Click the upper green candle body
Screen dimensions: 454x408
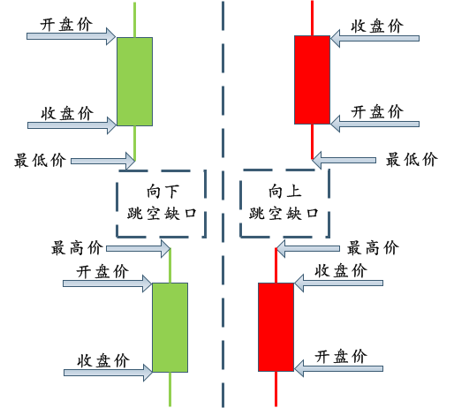click(x=134, y=81)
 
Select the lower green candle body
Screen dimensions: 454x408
click(x=170, y=328)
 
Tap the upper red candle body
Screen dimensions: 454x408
click(x=312, y=79)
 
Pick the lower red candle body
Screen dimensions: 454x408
click(x=276, y=327)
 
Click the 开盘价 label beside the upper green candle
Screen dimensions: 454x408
click(x=66, y=25)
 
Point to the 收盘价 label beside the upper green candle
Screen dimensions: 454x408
click(x=67, y=114)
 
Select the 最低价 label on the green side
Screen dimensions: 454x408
click(x=40, y=160)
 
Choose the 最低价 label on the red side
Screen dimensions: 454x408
click(x=412, y=160)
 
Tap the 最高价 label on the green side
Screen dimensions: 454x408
click(x=77, y=248)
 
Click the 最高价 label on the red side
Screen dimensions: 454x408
click(x=373, y=248)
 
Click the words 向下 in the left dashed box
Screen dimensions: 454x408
click(x=163, y=192)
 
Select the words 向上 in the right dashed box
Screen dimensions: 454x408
click(x=285, y=191)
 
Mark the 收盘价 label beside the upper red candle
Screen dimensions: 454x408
click(x=377, y=26)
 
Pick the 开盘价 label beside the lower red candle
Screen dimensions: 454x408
click(x=341, y=357)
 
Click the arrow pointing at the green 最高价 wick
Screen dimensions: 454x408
click(x=139, y=249)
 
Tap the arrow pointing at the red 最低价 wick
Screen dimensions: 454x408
click(x=344, y=161)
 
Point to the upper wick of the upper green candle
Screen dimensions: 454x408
click(x=134, y=20)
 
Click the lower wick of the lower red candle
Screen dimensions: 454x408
click(x=276, y=389)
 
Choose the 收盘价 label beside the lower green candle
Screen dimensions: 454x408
click(x=103, y=361)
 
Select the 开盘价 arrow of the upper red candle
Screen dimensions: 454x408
click(x=375, y=124)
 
